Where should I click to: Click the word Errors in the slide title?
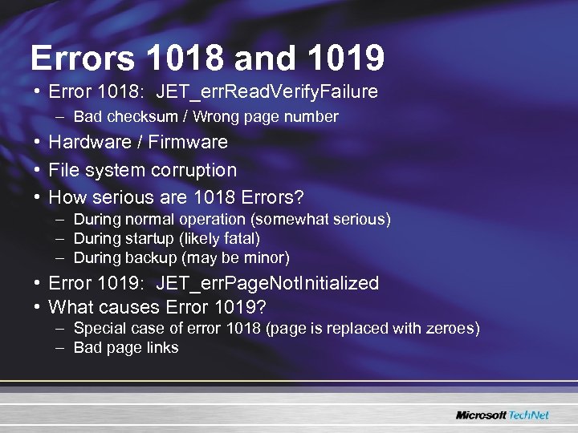click(x=83, y=58)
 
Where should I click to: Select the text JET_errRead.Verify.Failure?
click(x=267, y=91)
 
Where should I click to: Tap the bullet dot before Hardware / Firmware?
click(x=38, y=143)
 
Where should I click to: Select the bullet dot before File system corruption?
click(x=38, y=170)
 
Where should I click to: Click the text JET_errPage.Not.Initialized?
click(x=267, y=283)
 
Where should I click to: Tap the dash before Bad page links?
click(x=61, y=348)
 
